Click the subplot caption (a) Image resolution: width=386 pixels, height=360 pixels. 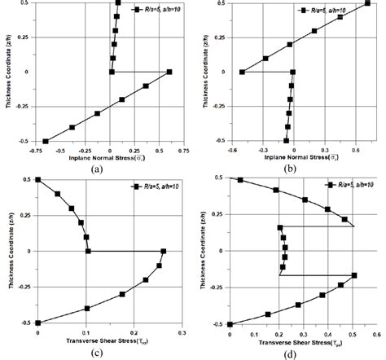pyautogui.click(x=97, y=169)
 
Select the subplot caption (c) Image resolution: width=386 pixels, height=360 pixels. pyautogui.click(x=97, y=353)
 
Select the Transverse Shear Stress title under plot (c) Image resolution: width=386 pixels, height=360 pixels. pyautogui.click(x=114, y=342)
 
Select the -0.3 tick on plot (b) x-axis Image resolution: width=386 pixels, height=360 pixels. pyautogui.click(x=262, y=149)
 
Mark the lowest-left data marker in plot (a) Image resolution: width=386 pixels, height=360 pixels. pyautogui.click(x=46, y=141)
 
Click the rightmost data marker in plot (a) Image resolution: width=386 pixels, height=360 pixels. pyautogui.click(x=169, y=72)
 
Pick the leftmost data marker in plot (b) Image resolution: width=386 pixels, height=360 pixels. pyautogui.click(x=242, y=72)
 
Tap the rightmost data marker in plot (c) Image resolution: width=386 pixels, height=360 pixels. pyautogui.click(x=164, y=251)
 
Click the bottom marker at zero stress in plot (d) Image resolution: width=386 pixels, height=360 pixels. pyautogui.click(x=230, y=324)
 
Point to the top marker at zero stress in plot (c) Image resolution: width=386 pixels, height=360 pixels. pyautogui.click(x=37, y=179)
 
